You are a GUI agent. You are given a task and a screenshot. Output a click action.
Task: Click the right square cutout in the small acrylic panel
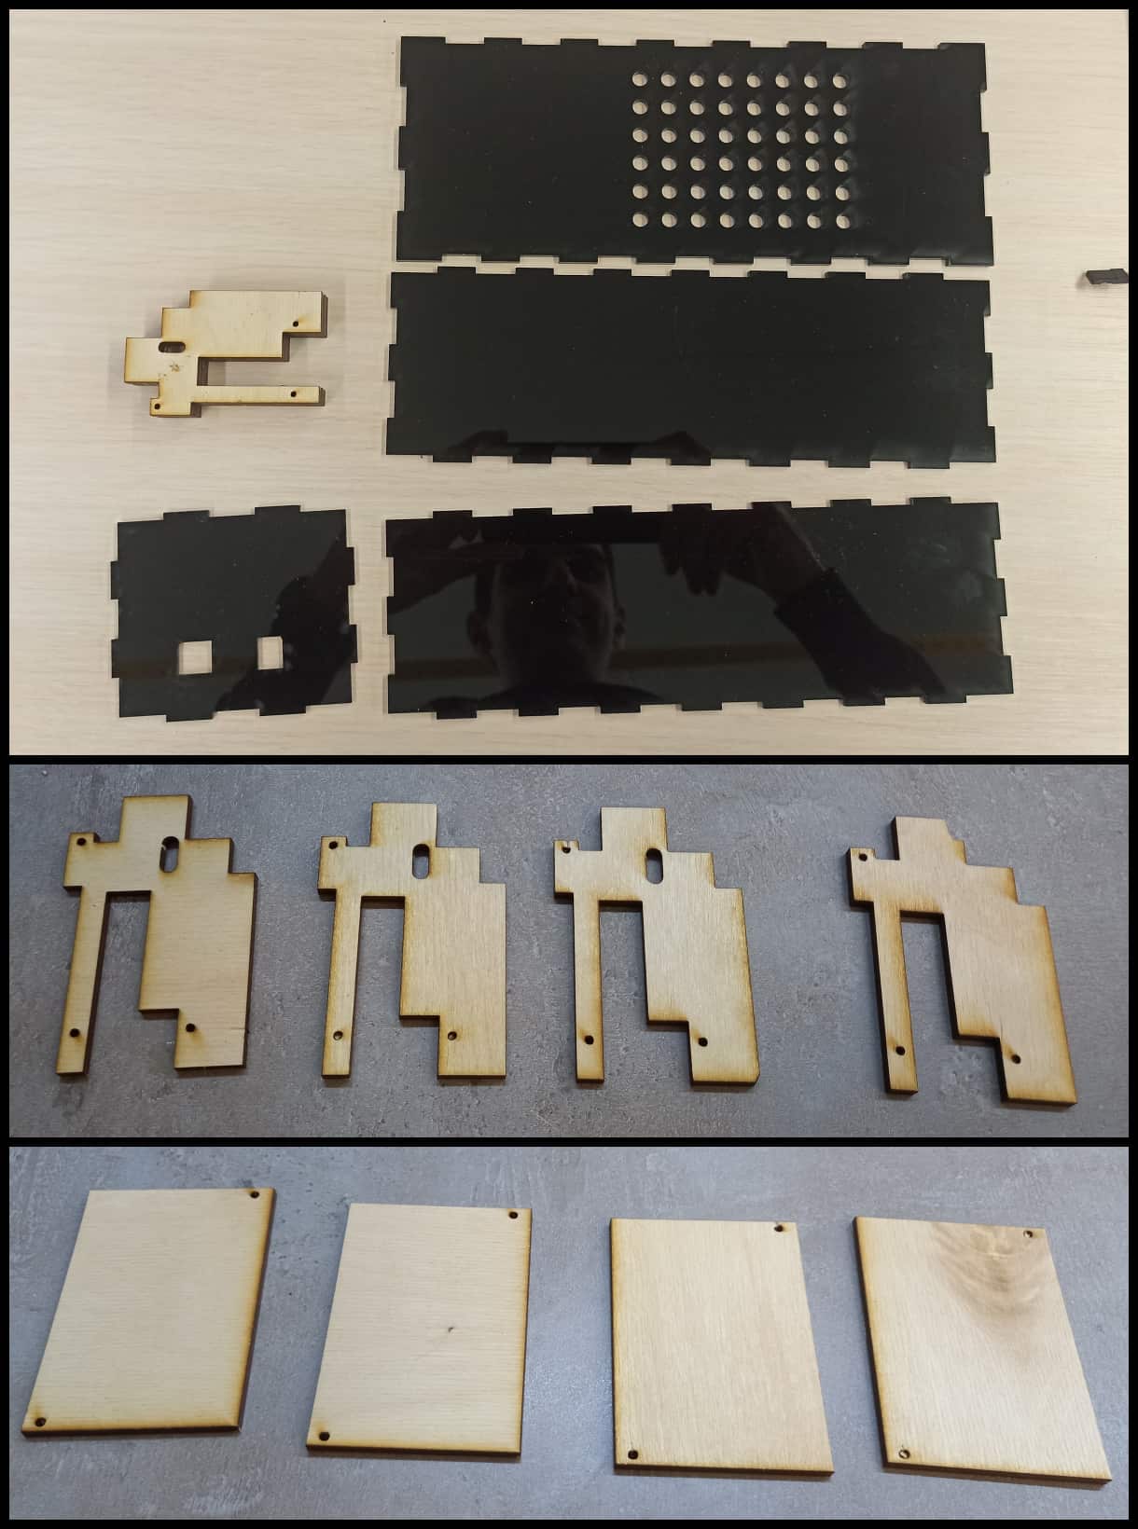coord(271,652)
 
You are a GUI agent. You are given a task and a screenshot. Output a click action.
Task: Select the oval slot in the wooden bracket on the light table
coord(173,345)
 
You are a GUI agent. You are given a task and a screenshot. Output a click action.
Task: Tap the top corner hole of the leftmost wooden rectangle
coord(254,1195)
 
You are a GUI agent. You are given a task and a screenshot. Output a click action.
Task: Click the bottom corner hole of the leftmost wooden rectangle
coord(41,1449)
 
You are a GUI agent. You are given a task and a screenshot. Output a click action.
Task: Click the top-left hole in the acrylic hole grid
coord(641,82)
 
